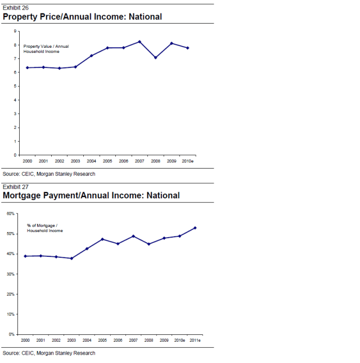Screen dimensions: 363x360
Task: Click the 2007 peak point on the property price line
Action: [x=139, y=42]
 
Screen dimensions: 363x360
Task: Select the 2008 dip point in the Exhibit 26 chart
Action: [x=155, y=57]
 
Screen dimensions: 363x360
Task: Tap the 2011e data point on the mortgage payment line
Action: [x=195, y=228]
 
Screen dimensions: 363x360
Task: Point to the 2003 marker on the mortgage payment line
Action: [x=71, y=258]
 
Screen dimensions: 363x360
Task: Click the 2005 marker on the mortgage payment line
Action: [x=102, y=239]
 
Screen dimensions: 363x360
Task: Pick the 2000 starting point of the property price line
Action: [x=27, y=67]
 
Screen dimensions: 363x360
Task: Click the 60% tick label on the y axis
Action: [x=11, y=214]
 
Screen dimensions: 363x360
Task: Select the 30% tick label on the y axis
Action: [x=11, y=274]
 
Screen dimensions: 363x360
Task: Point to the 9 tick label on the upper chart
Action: [x=15, y=31]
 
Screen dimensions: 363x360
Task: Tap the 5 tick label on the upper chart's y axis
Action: [x=15, y=86]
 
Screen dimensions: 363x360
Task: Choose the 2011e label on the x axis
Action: [x=195, y=341]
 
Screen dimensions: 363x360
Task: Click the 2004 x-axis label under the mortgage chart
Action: [x=87, y=341]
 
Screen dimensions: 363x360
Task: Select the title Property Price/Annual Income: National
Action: [x=82, y=17]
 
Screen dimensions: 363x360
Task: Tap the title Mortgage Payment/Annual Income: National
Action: [x=91, y=196]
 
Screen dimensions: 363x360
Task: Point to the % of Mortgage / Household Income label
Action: [x=45, y=228]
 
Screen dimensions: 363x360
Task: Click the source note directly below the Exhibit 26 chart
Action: [x=49, y=174]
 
